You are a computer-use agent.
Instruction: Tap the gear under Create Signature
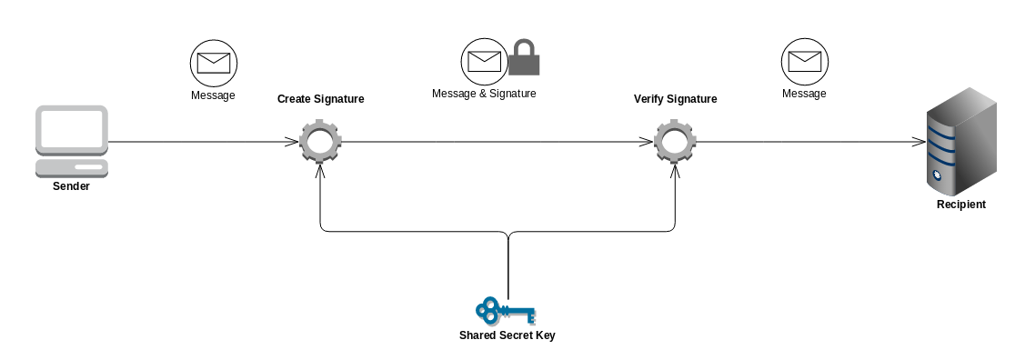[320, 142]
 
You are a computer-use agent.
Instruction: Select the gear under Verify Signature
[676, 142]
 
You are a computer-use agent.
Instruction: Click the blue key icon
[506, 311]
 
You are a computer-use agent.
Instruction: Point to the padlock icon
[523, 57]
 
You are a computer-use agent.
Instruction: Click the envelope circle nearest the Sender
[213, 62]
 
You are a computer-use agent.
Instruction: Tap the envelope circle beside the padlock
[484, 61]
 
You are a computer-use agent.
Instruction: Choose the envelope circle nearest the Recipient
[804, 62]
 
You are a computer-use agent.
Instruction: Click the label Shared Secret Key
[507, 335]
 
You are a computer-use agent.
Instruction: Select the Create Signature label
[320, 99]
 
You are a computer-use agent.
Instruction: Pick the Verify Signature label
[675, 99]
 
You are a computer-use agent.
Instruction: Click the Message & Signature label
[484, 94]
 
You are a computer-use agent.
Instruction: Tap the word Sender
[72, 186]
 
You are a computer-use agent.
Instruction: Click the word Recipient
[960, 205]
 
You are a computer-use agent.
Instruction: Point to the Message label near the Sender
[213, 95]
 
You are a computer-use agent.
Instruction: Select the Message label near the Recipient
[804, 94]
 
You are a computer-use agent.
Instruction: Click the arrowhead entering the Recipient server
[919, 142]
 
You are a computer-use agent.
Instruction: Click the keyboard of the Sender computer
[72, 168]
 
